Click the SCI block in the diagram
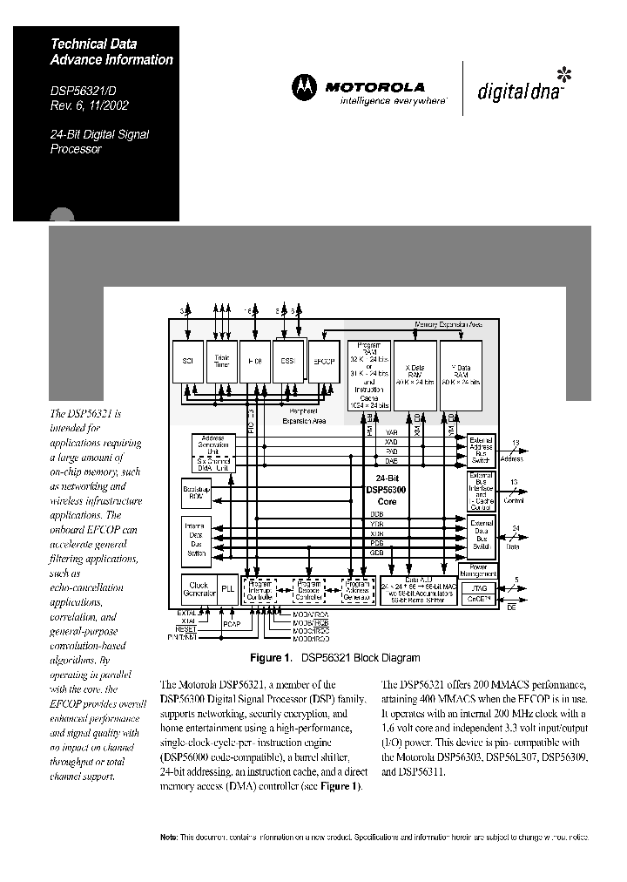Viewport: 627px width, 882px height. point(186,360)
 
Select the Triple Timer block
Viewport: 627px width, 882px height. point(221,360)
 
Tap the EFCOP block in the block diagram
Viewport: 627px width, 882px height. point(324,360)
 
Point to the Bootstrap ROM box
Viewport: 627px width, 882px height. point(196,492)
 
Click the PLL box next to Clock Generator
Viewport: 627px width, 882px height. point(228,589)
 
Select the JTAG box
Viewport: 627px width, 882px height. point(482,588)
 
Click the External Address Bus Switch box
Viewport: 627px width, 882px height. point(482,448)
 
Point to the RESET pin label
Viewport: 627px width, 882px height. point(186,628)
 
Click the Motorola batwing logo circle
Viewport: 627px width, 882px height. point(305,87)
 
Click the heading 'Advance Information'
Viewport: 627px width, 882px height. point(111,60)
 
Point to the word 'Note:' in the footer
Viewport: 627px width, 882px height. point(169,837)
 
